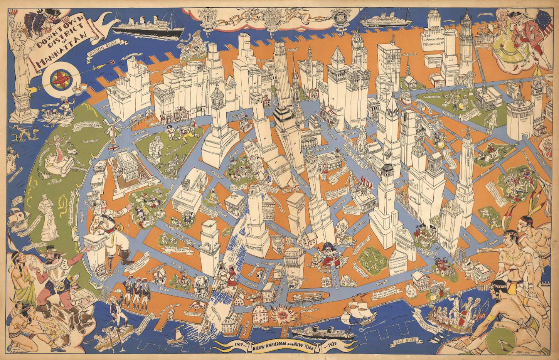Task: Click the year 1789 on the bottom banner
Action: point(235,343)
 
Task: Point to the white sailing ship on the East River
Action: point(359,311)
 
